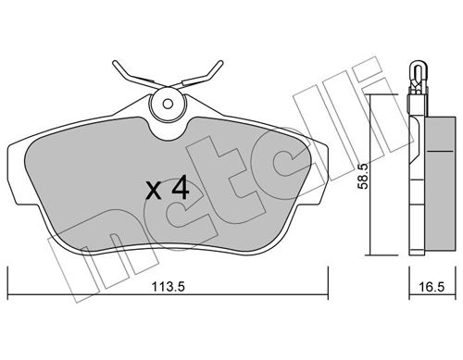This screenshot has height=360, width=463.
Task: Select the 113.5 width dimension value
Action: click(169, 285)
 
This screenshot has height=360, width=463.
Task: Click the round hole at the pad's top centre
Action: click(168, 105)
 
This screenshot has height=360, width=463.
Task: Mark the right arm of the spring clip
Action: click(209, 72)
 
